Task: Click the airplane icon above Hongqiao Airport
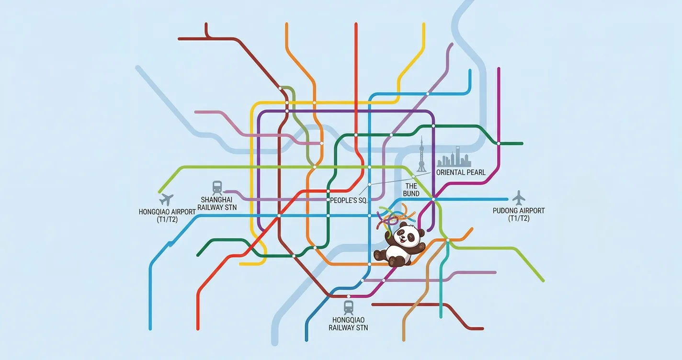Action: [x=167, y=199]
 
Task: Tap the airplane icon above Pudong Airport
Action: [x=519, y=197]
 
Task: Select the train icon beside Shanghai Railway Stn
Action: [x=217, y=187]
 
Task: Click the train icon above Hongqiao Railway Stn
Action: [x=349, y=307]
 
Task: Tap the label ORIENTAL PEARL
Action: [x=461, y=172]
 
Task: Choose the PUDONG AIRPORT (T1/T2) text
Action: [x=519, y=214]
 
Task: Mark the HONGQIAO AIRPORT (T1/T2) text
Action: [x=167, y=215]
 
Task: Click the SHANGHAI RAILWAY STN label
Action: [x=219, y=203]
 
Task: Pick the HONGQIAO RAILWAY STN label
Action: [x=348, y=324]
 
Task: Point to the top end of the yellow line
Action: [x=424, y=24]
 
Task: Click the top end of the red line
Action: [x=356, y=24]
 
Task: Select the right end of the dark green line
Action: [x=522, y=143]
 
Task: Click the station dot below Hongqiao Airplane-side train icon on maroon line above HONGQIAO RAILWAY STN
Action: [x=349, y=297]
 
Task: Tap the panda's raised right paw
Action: [x=421, y=246]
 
